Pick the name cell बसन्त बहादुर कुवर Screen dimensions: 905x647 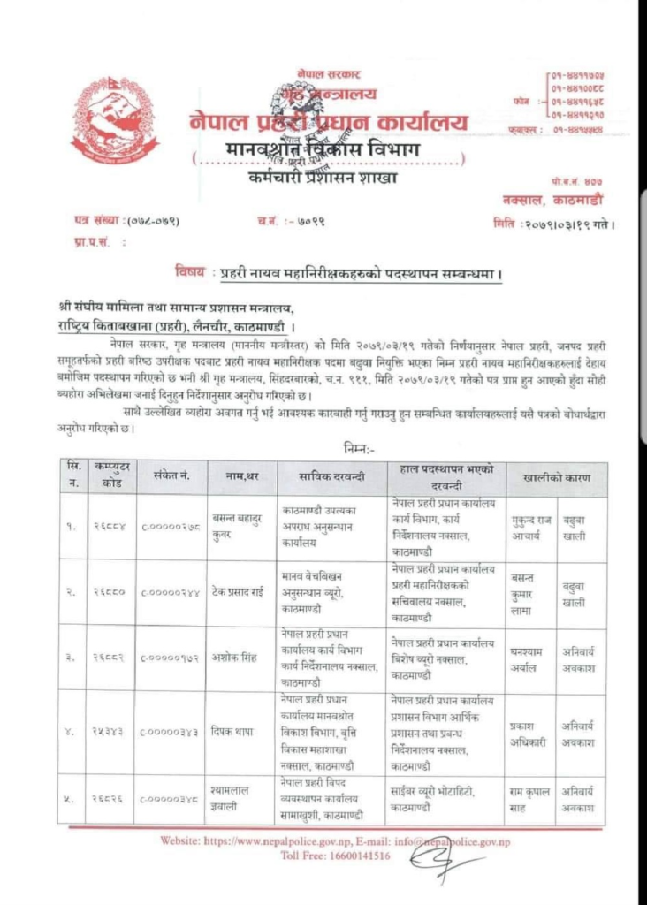(240, 527)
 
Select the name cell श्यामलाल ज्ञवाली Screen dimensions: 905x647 (240, 799)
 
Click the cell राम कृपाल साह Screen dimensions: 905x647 (530, 799)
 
